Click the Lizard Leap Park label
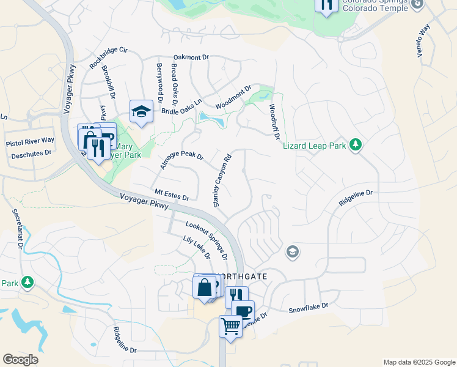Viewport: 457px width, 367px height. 314,146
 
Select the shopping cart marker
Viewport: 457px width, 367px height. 230,326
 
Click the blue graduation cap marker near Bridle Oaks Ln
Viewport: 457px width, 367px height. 141,111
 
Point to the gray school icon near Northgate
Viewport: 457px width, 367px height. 293,251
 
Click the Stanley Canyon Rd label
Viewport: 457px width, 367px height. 222,180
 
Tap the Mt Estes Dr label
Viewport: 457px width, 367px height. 172,195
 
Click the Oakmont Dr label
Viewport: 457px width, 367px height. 191,57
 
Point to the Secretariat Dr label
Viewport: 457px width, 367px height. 18,229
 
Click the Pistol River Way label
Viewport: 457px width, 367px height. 30,141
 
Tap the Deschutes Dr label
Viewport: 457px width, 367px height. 31,154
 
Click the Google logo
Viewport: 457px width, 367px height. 20,360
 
